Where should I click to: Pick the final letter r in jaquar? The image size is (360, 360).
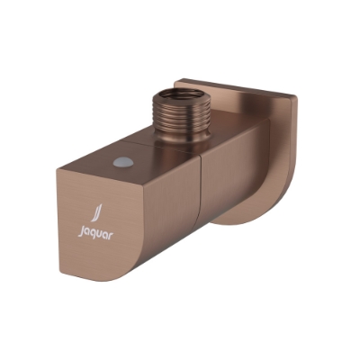105,239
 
